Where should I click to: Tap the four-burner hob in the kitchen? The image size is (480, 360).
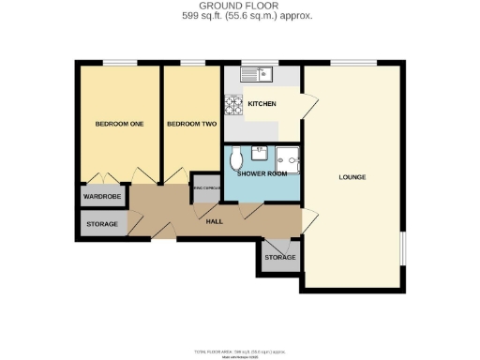click(x=232, y=105)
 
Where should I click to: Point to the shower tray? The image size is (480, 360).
click(x=292, y=161)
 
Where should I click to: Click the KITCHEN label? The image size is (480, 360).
click(x=262, y=103)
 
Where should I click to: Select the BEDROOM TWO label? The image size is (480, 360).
click(x=191, y=124)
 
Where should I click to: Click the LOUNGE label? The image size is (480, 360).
click(x=352, y=177)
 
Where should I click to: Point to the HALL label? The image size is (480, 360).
click(x=214, y=221)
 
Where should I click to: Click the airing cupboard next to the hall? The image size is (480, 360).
click(x=205, y=189)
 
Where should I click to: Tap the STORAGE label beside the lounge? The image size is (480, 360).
click(x=279, y=257)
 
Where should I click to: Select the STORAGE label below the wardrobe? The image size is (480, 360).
click(x=101, y=225)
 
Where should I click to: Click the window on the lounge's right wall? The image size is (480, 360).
click(x=404, y=253)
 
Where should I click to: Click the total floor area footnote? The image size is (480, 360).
click(x=240, y=351)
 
